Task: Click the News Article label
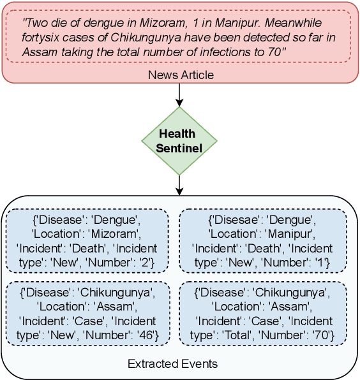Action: click(x=181, y=75)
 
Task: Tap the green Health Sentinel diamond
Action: click(x=179, y=141)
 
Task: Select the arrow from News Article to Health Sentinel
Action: click(x=179, y=94)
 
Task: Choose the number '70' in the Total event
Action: click(x=316, y=334)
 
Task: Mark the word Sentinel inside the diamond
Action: click(x=179, y=148)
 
